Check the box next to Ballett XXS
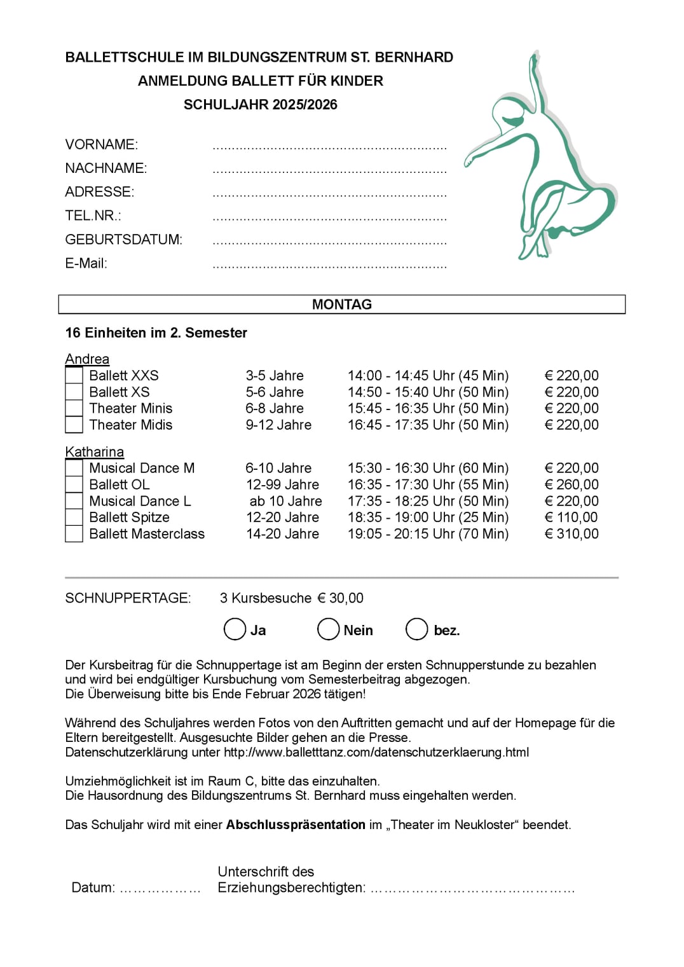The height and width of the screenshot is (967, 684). click(x=74, y=376)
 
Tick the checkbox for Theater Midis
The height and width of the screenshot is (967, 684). click(x=74, y=425)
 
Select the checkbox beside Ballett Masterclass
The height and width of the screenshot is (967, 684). click(x=74, y=534)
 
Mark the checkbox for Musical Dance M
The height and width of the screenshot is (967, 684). click(x=74, y=468)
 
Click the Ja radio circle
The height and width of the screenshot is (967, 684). click(x=235, y=629)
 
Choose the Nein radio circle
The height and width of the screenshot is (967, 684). click(x=328, y=629)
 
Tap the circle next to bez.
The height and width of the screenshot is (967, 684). click(x=416, y=629)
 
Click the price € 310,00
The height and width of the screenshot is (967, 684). click(x=571, y=534)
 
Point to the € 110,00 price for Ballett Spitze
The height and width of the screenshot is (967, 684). click(x=571, y=518)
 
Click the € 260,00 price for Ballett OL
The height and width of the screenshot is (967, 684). click(x=571, y=484)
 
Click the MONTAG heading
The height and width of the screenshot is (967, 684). click(x=342, y=305)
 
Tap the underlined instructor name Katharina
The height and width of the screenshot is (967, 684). click(x=94, y=452)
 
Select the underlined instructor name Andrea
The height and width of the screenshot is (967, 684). click(x=87, y=359)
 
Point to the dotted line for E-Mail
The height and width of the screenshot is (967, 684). click(x=329, y=266)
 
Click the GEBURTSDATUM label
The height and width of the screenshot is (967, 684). click(x=123, y=240)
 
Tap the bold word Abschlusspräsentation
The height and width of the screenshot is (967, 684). click(x=296, y=825)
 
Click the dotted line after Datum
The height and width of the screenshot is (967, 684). click(x=160, y=889)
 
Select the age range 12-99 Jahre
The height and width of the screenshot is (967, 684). click(x=282, y=484)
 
